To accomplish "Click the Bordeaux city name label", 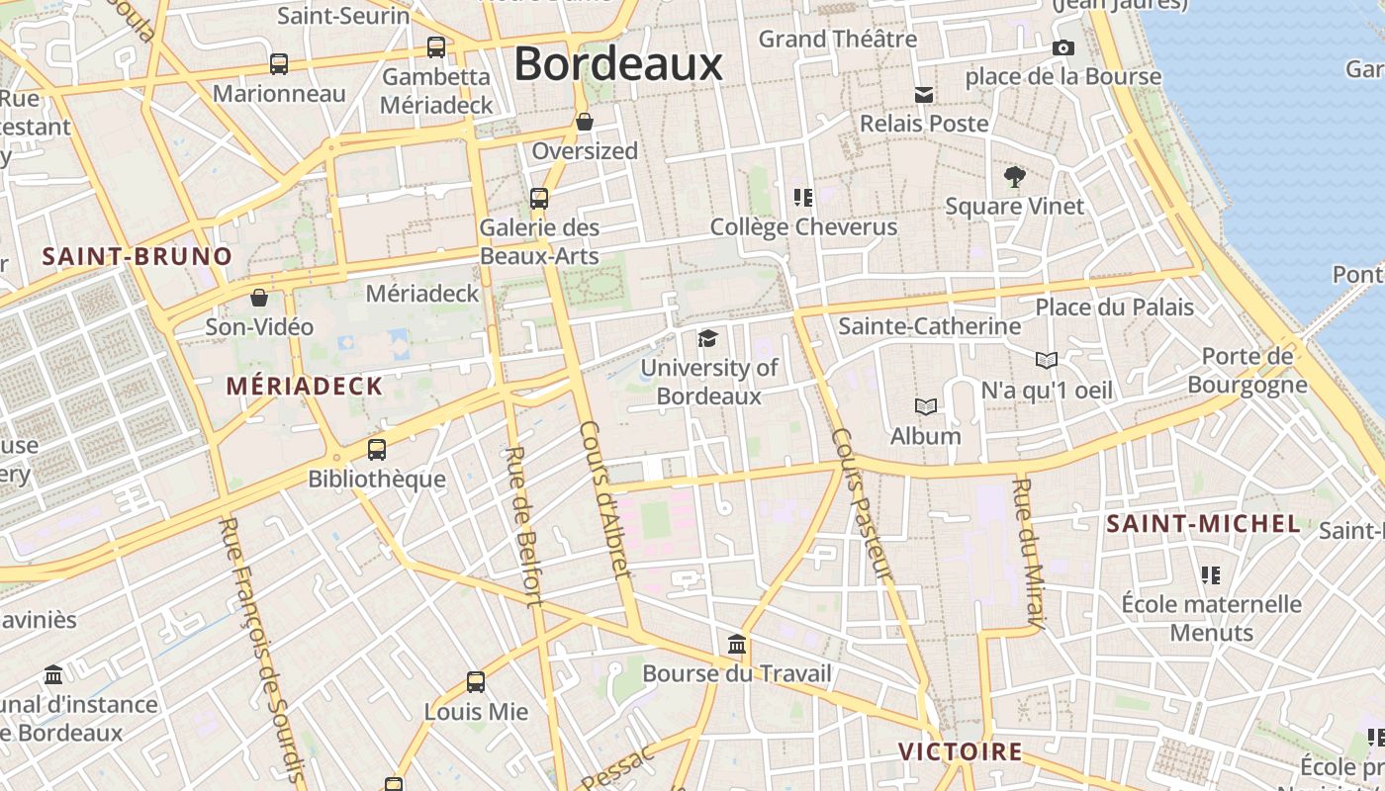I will tap(618, 64).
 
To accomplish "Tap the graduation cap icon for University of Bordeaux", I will tap(707, 339).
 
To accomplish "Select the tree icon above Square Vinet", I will tap(1014, 178).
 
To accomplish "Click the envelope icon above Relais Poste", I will tap(924, 95).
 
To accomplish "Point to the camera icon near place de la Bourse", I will tap(1063, 47).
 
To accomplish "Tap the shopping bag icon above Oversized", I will tap(585, 123).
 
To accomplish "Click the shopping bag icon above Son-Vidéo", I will tap(259, 298).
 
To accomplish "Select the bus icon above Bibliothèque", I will tap(377, 450).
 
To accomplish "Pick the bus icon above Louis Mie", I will tap(476, 682).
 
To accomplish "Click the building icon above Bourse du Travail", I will tap(737, 646).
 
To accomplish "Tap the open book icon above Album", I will tap(926, 406).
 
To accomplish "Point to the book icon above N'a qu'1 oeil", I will tap(1047, 361).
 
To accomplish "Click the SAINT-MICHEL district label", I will tap(1203, 524).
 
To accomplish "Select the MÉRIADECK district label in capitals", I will tap(305, 387).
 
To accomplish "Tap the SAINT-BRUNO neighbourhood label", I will tap(138, 257).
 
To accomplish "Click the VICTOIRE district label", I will tap(960, 751).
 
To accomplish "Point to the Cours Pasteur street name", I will tap(862, 504).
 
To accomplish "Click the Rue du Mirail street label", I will tap(1029, 554).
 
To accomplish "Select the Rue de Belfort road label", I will tap(523, 525).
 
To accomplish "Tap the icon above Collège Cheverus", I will tap(803, 198).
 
